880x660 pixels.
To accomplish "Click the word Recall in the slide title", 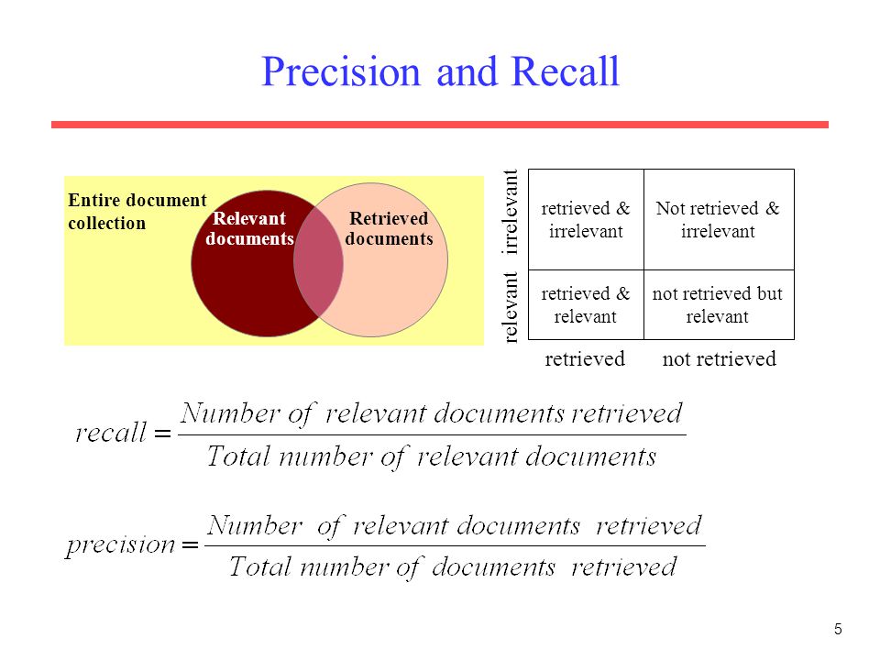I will [x=566, y=71].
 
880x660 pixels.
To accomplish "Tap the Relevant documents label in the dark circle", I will [x=248, y=229].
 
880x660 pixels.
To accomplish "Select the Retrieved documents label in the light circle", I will [x=389, y=229].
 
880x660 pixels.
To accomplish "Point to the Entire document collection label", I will [x=137, y=212].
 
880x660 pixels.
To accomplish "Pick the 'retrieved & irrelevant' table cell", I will [x=586, y=220].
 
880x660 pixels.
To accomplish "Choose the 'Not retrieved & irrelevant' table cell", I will [x=718, y=220].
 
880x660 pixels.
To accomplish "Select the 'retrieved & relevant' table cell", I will [x=586, y=305].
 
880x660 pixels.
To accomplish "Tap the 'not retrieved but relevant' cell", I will [x=718, y=305].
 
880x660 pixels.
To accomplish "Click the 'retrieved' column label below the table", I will [x=585, y=358].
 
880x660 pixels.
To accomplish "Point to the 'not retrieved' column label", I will [x=719, y=358].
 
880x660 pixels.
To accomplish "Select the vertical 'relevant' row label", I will [x=511, y=307].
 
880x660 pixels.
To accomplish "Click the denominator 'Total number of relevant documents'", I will [x=432, y=456].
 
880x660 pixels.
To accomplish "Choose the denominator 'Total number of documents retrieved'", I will [x=453, y=566].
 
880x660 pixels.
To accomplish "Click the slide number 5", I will [x=838, y=629].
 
